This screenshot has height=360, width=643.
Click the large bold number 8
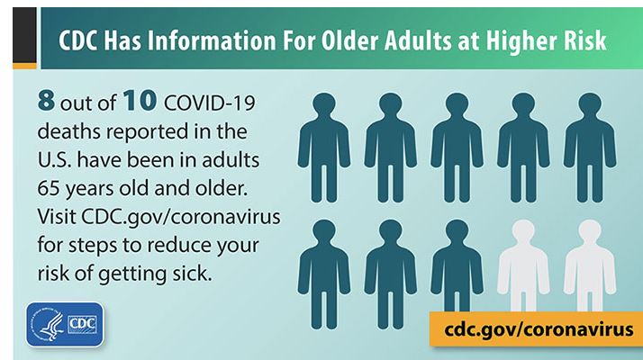46,101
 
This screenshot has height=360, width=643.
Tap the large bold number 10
140,101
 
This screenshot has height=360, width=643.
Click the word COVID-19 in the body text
210,102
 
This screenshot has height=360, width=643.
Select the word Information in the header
212,40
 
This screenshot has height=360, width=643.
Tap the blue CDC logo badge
65,324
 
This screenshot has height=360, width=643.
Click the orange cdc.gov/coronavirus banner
536,328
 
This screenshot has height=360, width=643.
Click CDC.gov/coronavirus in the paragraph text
181,217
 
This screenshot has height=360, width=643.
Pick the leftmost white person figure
523,265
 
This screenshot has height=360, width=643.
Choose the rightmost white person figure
590,265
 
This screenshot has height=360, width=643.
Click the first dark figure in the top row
324,148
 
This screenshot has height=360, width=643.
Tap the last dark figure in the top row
590,148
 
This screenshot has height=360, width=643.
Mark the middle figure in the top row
457,148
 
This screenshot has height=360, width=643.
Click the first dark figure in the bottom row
324,274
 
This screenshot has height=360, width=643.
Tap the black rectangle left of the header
24,35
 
